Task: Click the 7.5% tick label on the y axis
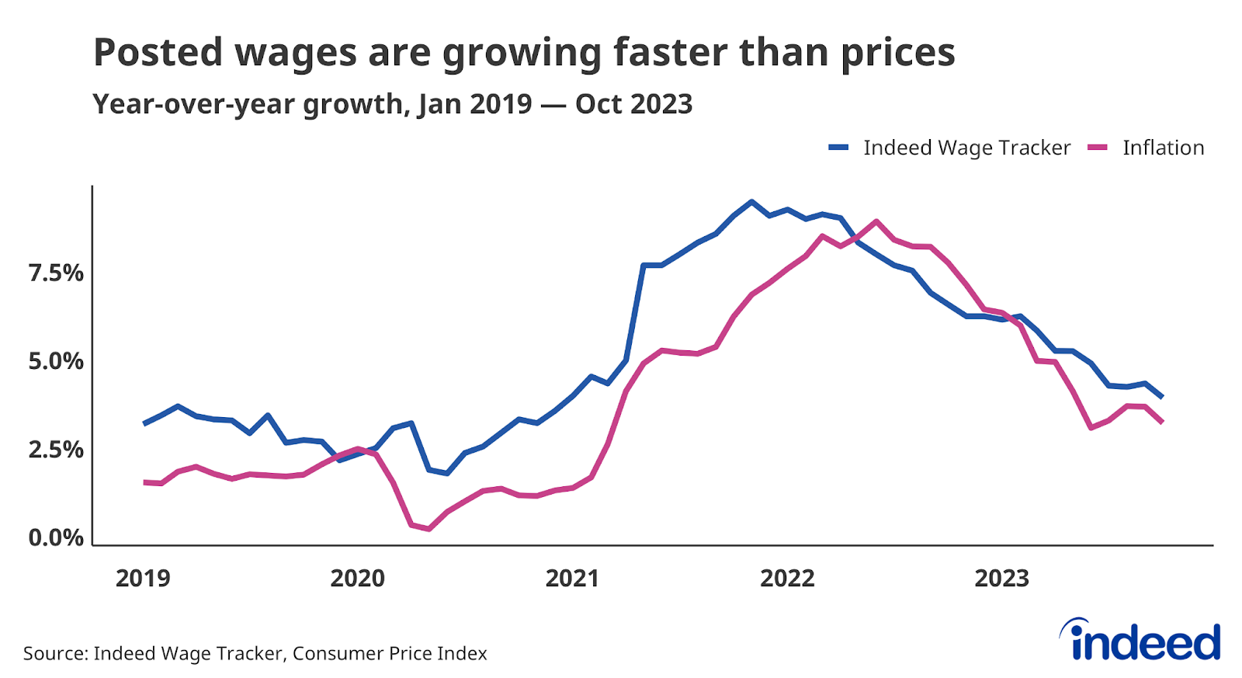[x=56, y=273]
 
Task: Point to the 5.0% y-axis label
[x=56, y=362]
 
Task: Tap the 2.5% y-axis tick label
[x=56, y=450]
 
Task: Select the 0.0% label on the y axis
[x=56, y=537]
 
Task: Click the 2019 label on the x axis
[x=143, y=579]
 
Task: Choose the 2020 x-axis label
[x=358, y=579]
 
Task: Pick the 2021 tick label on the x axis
[x=573, y=579]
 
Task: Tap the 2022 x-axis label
[x=787, y=579]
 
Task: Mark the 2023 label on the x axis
[x=1002, y=579]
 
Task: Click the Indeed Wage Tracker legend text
[x=966, y=148]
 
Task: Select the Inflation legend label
[x=1163, y=148]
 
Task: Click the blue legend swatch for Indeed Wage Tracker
[x=838, y=148]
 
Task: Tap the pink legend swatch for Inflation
[x=1098, y=148]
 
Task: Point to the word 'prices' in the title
[x=898, y=53]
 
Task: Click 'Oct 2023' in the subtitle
[x=633, y=104]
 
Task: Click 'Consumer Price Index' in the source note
[x=390, y=654]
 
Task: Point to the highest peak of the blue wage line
[x=751, y=202]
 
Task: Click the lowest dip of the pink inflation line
[x=428, y=529]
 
